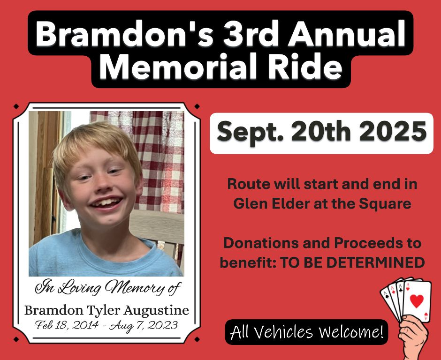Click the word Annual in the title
tap(346, 33)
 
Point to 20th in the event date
tap(320, 131)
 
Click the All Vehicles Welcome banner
tap(306, 332)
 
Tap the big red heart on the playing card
tap(417, 300)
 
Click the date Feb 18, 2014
tap(67, 325)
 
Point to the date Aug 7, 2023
tap(144, 326)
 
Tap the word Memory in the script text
tap(134, 288)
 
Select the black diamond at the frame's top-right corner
tap(197, 106)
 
